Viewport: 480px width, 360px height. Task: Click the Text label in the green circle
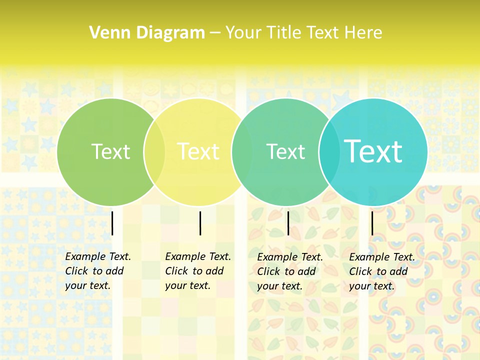point(110,151)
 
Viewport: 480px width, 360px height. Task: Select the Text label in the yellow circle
point(198,151)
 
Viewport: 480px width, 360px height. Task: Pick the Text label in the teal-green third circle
point(285,151)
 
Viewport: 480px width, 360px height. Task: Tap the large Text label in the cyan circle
point(373,151)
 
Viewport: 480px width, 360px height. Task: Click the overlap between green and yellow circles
point(154,152)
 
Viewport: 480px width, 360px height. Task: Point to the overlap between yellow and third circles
point(242,152)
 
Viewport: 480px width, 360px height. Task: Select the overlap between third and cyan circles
point(329,152)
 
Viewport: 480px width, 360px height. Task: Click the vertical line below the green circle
point(112,223)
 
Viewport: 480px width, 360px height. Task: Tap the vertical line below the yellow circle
point(200,223)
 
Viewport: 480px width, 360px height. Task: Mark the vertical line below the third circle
point(288,223)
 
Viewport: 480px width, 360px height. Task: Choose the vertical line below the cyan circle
point(372,223)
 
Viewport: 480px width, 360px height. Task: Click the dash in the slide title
point(215,33)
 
